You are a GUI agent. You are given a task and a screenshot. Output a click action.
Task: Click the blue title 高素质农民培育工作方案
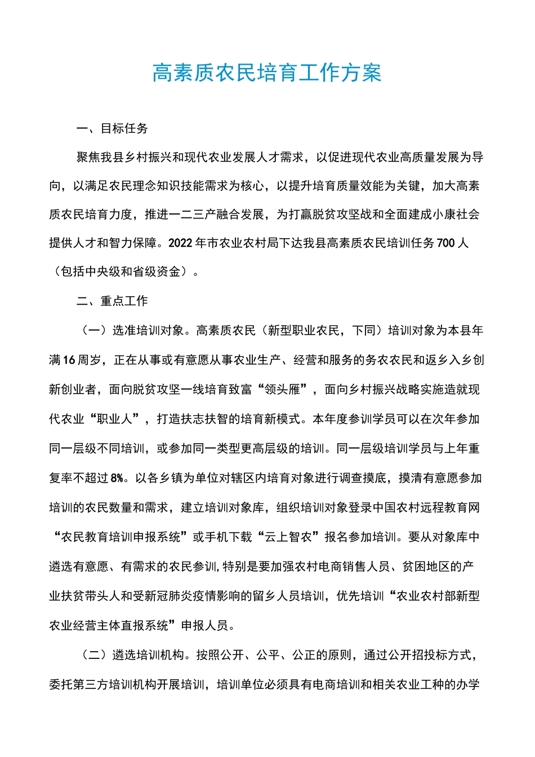(267, 73)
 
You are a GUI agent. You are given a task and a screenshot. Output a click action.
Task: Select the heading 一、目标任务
(112, 128)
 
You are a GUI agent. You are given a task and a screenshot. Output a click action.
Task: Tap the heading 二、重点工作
(112, 301)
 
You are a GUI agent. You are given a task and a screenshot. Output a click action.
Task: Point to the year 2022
(181, 243)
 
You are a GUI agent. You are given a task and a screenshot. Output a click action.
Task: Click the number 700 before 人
(445, 243)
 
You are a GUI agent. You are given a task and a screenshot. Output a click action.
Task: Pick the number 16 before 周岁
(69, 360)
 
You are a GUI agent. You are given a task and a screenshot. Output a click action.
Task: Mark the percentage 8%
(117, 478)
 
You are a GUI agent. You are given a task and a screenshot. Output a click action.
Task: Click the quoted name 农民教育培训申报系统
(121, 537)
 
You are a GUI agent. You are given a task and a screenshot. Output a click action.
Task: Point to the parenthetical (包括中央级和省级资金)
(123, 271)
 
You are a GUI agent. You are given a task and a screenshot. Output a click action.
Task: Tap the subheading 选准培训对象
(148, 330)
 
